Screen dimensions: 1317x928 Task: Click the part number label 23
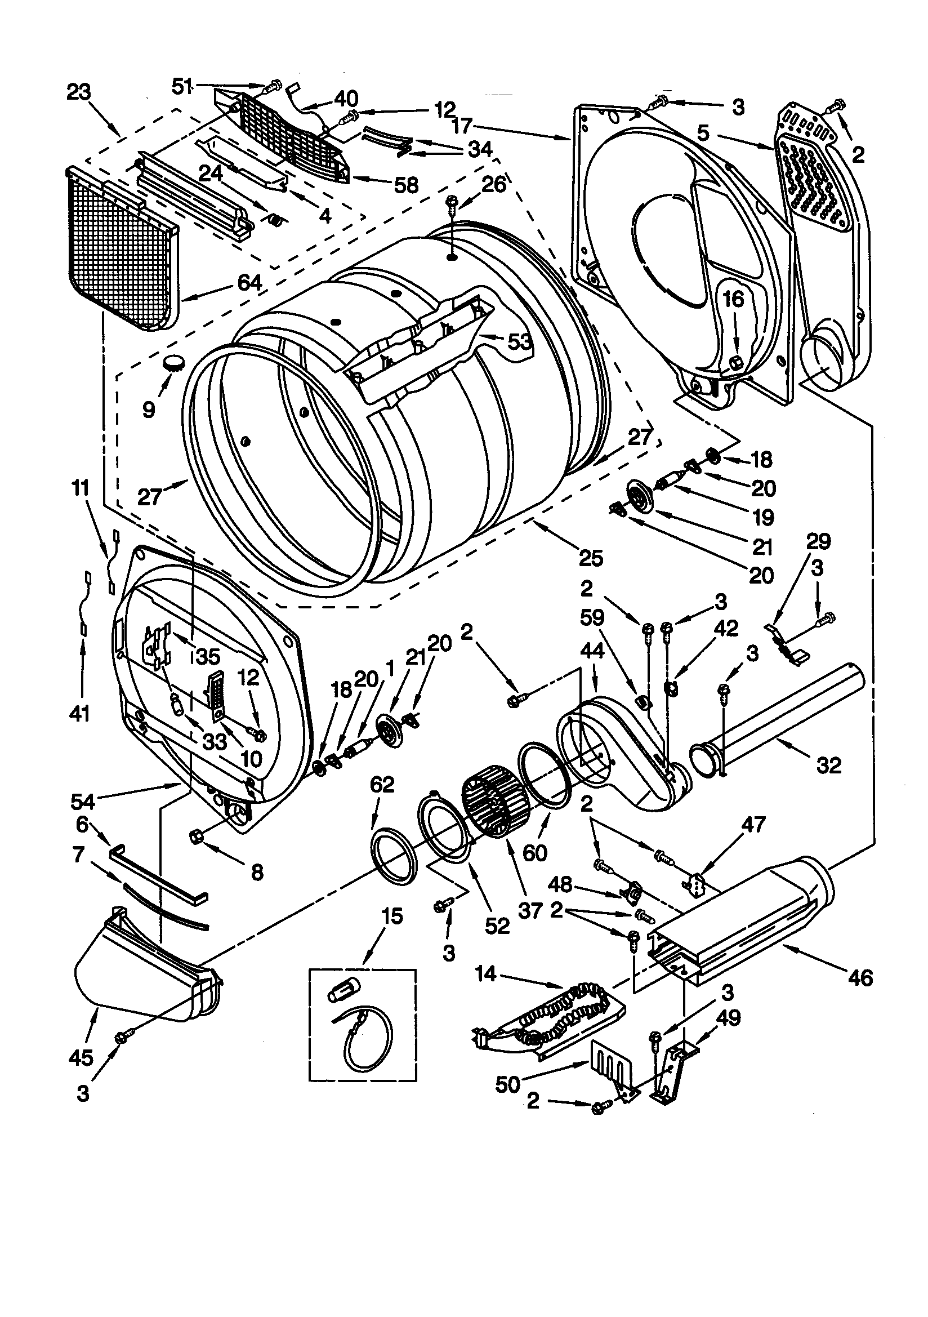(79, 92)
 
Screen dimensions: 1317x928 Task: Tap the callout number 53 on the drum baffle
(521, 342)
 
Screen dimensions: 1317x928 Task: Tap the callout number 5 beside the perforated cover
(703, 133)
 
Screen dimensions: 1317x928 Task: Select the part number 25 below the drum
(591, 557)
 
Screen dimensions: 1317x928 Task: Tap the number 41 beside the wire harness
(79, 714)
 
